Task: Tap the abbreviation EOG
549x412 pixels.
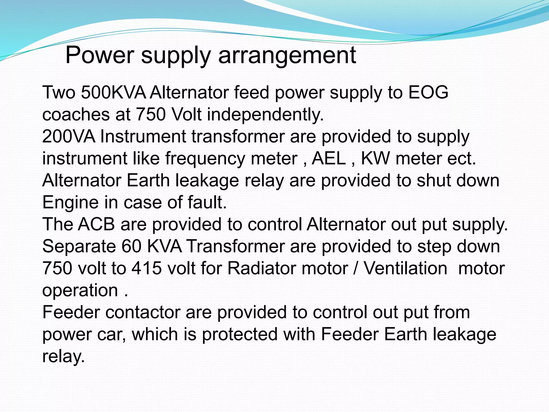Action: [x=428, y=93]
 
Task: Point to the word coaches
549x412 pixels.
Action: [x=76, y=115]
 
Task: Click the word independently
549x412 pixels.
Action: [x=265, y=115]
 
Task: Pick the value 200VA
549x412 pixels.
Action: [x=69, y=137]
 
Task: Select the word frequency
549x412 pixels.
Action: [x=205, y=159]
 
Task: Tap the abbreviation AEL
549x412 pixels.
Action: [x=329, y=159]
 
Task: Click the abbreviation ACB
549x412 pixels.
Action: [x=96, y=225]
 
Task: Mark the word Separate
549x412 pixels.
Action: [x=79, y=247]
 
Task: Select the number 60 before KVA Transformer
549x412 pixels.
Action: [x=131, y=247]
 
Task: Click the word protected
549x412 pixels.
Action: [x=240, y=334]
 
